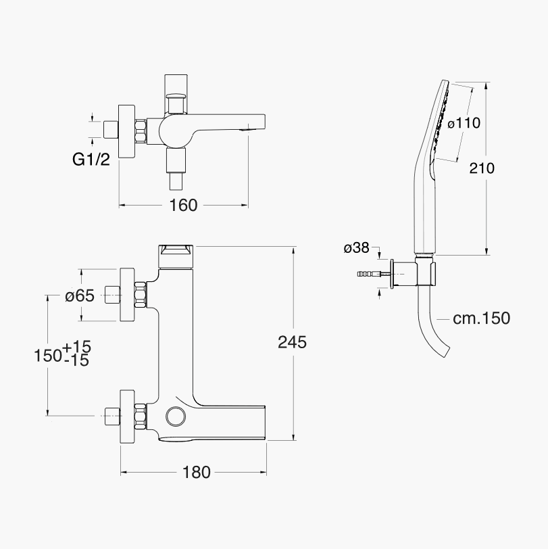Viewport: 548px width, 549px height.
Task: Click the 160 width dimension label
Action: click(x=183, y=205)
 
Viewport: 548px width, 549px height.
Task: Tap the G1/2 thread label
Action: click(x=91, y=160)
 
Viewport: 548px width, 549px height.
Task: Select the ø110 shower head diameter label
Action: click(x=464, y=123)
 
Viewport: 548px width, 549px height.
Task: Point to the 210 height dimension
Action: click(x=482, y=168)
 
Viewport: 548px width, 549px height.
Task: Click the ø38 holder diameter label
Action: click(x=356, y=248)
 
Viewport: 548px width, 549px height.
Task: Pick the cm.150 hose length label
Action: click(x=482, y=318)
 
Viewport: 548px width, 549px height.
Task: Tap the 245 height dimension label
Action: click(x=292, y=342)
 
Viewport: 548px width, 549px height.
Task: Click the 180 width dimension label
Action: click(x=197, y=473)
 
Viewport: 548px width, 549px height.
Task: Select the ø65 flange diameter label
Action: click(x=80, y=296)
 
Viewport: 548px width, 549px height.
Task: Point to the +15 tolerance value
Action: click(x=76, y=347)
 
